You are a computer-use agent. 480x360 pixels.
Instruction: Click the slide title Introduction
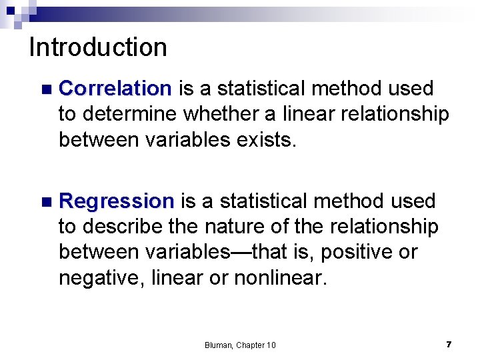98,47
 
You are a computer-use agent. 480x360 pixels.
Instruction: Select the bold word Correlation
115,89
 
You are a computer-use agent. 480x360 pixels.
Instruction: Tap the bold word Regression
117,201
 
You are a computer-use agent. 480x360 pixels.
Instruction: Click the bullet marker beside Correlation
45,89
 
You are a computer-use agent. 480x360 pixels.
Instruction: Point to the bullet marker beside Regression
45,202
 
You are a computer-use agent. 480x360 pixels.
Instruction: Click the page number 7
449,345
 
